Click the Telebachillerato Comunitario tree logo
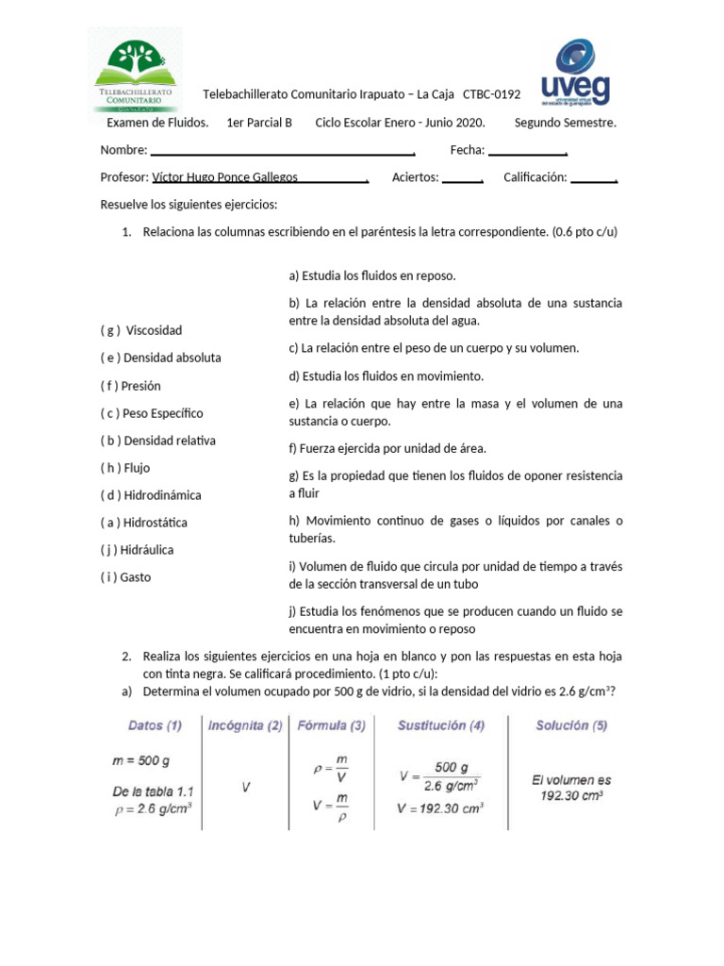tap(134, 71)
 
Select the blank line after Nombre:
tap(282, 151)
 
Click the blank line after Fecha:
tap(526, 151)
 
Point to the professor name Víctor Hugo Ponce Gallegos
tap(224, 177)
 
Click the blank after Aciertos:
tap(462, 178)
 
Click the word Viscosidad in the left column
tap(154, 331)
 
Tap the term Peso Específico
tap(163, 413)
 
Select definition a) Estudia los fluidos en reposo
tap(372, 275)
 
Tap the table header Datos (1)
tap(156, 726)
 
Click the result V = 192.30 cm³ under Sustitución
tap(441, 808)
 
